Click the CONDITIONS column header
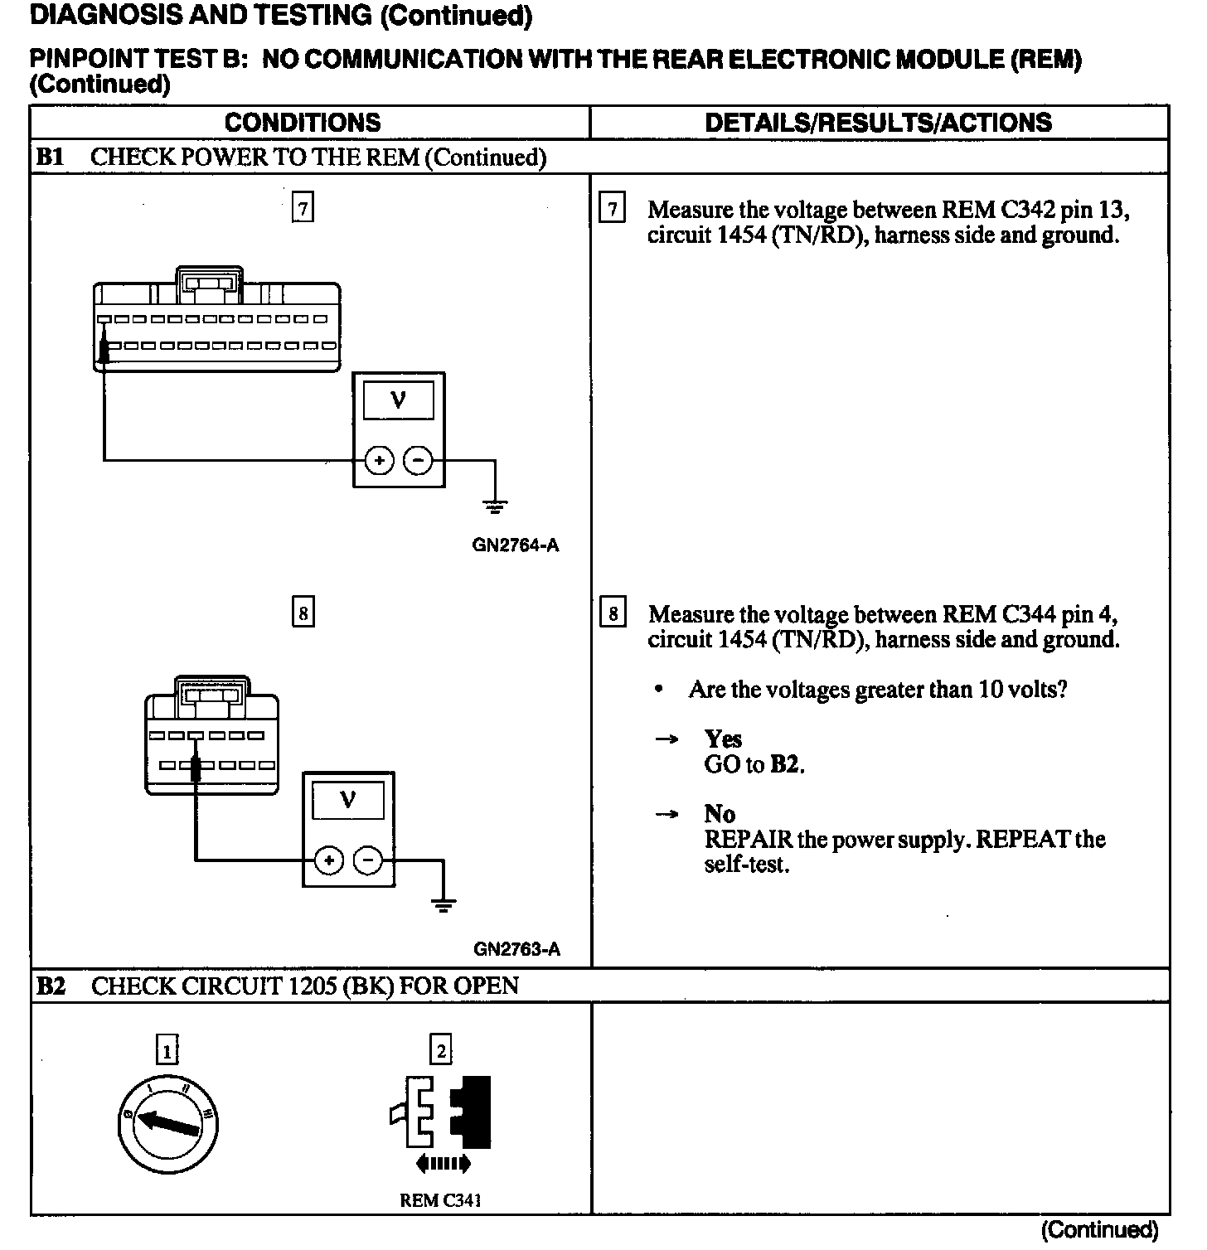(x=303, y=123)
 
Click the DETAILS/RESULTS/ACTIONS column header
(x=878, y=123)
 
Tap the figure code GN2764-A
(x=516, y=545)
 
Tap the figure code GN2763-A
(x=516, y=949)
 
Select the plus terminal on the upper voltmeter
(x=379, y=460)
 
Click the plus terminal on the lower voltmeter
(x=329, y=861)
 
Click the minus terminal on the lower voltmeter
(x=368, y=861)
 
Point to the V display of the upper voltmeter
(x=399, y=400)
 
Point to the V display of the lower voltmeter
(x=348, y=801)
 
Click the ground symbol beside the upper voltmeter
(x=495, y=505)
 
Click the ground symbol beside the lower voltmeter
(x=444, y=905)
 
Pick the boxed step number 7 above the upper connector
(x=303, y=208)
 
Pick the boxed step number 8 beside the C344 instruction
(x=613, y=613)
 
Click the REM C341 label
(x=440, y=1200)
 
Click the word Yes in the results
(x=723, y=739)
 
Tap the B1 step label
(x=50, y=157)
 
